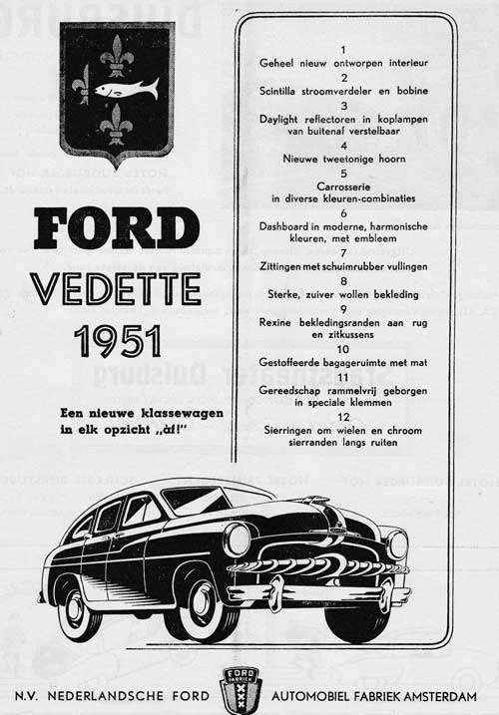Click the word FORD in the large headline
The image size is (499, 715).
coord(116,228)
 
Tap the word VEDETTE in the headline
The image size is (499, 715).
coord(116,288)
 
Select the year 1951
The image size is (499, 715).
coord(117,341)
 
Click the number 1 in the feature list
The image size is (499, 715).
coord(343,49)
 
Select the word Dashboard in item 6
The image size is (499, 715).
coord(287,226)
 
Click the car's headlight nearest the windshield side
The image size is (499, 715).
coord(238,539)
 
